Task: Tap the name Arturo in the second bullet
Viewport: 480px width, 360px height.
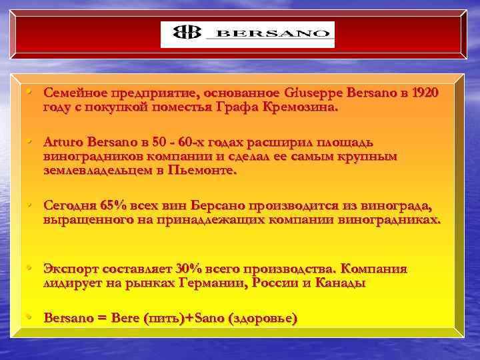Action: tap(64, 142)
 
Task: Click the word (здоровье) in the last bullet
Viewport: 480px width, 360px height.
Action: tap(262, 319)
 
